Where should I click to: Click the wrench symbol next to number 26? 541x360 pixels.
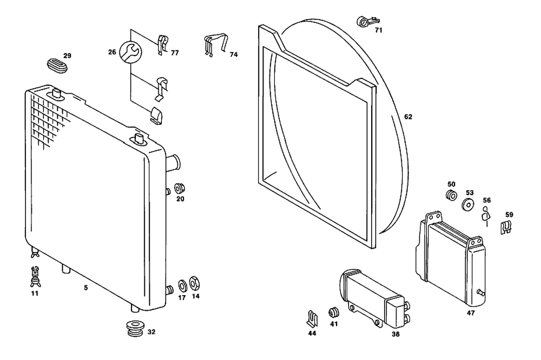tap(130, 52)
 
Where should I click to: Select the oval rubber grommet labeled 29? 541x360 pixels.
tap(58, 65)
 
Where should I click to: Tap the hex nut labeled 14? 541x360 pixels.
tap(195, 284)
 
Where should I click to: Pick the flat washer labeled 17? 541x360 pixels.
tap(182, 285)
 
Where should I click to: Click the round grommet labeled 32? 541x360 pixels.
tap(135, 329)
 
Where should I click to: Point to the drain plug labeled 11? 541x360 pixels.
tap(35, 277)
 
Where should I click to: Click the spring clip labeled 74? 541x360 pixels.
tap(216, 44)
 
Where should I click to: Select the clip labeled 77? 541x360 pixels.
tap(163, 44)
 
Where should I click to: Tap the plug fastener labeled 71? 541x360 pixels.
tap(367, 22)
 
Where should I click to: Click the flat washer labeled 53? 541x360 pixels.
tap(468, 204)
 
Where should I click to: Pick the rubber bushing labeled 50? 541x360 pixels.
tap(451, 195)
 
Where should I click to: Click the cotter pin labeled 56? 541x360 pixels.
tap(486, 216)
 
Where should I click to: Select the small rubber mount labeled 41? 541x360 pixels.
tap(333, 312)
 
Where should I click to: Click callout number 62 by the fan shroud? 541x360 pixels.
tap(408, 117)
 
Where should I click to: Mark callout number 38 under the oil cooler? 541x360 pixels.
tap(396, 334)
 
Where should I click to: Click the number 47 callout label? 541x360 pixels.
tap(471, 313)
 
